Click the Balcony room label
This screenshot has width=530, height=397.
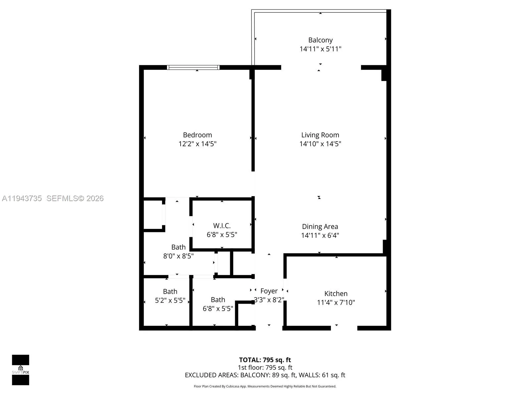pyautogui.click(x=320, y=40)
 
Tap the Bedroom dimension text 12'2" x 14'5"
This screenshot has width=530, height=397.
pyautogui.click(x=197, y=144)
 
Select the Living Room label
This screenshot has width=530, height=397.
pyautogui.click(x=320, y=135)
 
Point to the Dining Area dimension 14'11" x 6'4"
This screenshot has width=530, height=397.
pyautogui.click(x=320, y=235)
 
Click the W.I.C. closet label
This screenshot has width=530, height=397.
pyautogui.click(x=222, y=226)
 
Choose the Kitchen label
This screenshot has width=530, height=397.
pyautogui.click(x=336, y=293)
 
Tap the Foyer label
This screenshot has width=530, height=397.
pyautogui.click(x=269, y=291)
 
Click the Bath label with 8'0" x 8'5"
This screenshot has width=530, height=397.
pyautogui.click(x=179, y=247)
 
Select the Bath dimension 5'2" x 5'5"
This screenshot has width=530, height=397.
pyautogui.click(x=170, y=300)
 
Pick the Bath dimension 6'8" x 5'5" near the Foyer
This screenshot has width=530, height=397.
pyautogui.click(x=218, y=309)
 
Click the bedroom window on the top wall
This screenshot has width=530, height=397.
pyautogui.click(x=193, y=67)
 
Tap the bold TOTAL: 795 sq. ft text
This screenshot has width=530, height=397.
pyautogui.click(x=265, y=360)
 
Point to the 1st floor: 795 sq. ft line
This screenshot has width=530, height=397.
pyautogui.click(x=265, y=368)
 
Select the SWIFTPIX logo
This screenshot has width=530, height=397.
pyautogui.click(x=21, y=370)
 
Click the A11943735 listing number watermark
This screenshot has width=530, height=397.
pyautogui.click(x=22, y=198)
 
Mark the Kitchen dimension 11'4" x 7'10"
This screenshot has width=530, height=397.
pyautogui.click(x=336, y=302)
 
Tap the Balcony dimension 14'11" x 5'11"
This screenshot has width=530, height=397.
pyautogui.click(x=320, y=49)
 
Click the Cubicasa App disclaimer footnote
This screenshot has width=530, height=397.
pyautogui.click(x=265, y=386)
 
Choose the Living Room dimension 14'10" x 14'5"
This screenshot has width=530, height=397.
pyautogui.click(x=320, y=144)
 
